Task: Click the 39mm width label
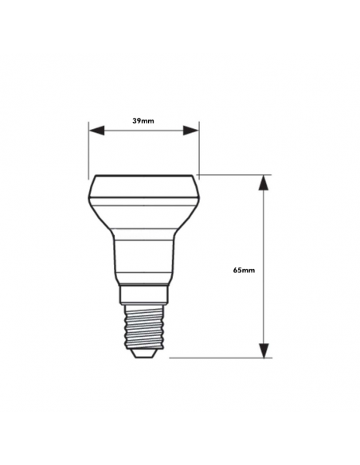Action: (143, 120)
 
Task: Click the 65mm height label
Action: (244, 271)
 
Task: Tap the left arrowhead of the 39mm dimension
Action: (96, 131)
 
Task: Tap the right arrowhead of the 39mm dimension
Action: (191, 131)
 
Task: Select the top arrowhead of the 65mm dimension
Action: (264, 183)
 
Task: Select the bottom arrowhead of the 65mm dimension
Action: (264, 350)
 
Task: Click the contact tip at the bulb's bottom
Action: (143, 354)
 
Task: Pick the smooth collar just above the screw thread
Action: (143, 295)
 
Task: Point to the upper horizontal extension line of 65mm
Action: (235, 175)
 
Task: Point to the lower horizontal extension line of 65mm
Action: (223, 358)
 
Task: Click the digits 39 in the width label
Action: (137, 120)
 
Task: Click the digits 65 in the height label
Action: (237, 271)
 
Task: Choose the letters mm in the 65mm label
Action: (249, 271)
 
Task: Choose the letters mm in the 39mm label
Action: (149, 120)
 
